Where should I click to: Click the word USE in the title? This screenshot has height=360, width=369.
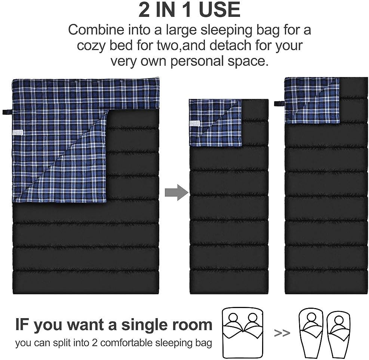pyautogui.click(x=219, y=9)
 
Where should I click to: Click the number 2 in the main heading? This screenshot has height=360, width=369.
pyautogui.click(x=144, y=9)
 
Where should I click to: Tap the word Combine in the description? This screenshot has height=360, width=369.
pyautogui.click(x=96, y=30)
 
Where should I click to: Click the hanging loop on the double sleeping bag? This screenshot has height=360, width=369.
pyautogui.click(x=7, y=112)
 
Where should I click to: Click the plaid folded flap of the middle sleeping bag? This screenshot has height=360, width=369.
pyautogui.click(x=215, y=123)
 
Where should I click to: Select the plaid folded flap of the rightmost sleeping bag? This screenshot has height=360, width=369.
pyautogui.click(x=312, y=101)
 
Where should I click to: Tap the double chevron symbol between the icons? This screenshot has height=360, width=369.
pyautogui.click(x=282, y=333)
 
